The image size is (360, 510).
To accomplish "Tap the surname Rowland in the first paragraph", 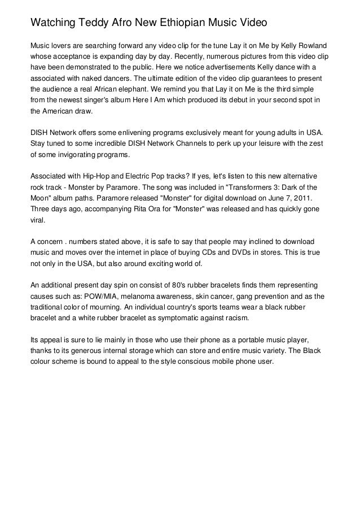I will pyautogui.click(x=310, y=45).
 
